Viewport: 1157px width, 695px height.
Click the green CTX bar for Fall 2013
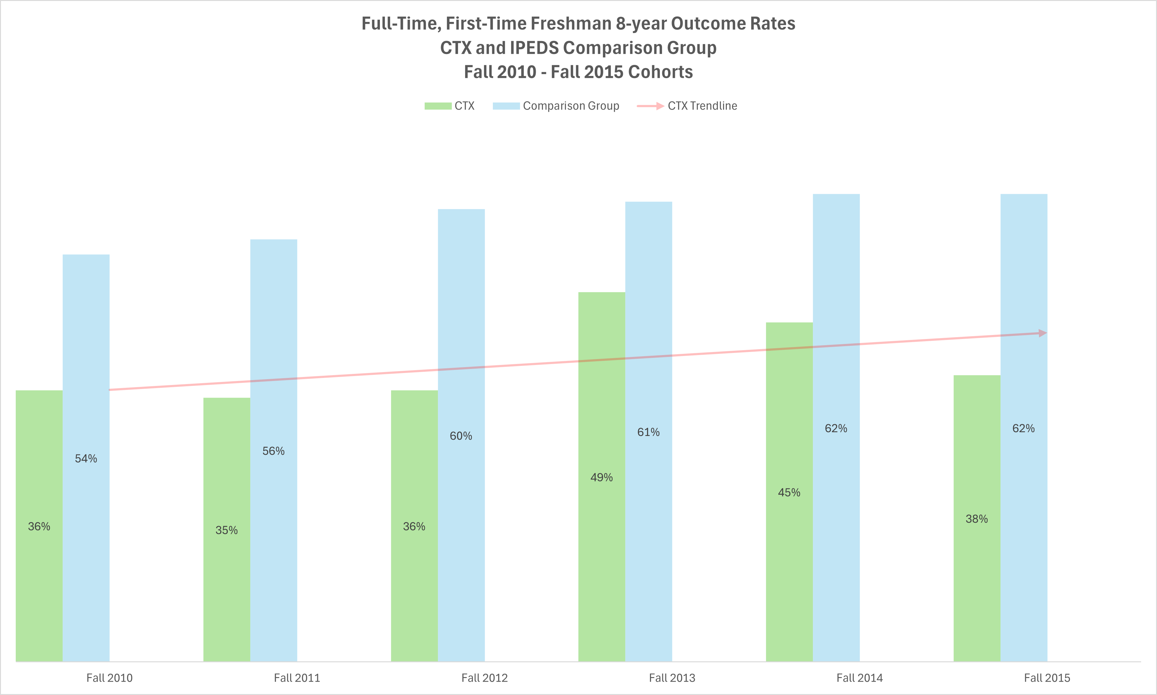click(601, 538)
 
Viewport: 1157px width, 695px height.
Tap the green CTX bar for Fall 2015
click(977, 585)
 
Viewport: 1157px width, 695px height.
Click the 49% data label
click(601, 478)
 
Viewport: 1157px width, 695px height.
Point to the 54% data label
click(86, 458)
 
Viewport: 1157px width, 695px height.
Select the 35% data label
click(227, 530)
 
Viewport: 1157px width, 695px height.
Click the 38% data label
click(977, 519)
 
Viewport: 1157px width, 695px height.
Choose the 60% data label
click(461, 436)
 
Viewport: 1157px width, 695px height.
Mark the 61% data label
click(648, 432)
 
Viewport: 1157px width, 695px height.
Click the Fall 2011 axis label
click(297, 678)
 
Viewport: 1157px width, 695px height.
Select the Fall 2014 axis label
click(859, 678)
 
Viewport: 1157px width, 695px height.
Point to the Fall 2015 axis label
click(1047, 678)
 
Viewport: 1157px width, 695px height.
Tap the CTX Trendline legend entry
click(687, 106)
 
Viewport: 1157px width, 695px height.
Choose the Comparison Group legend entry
click(556, 106)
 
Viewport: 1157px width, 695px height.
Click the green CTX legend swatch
click(438, 106)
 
